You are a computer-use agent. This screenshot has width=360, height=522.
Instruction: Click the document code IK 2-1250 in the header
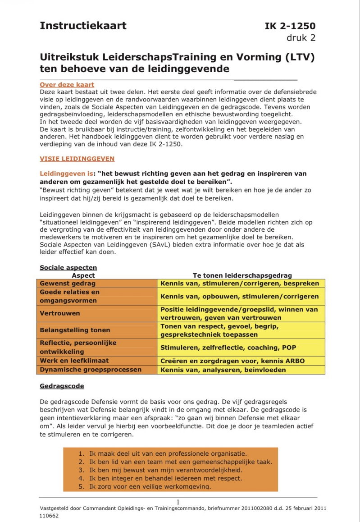click(290, 26)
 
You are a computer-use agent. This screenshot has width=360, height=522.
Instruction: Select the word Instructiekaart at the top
click(83, 26)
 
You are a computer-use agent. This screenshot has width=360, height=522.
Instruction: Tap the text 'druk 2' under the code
click(301, 38)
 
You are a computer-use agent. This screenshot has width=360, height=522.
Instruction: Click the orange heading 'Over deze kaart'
click(67, 85)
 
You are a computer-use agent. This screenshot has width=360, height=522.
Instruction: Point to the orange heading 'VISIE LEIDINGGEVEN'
click(77, 159)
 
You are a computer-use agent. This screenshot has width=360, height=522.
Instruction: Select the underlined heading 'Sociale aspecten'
click(68, 268)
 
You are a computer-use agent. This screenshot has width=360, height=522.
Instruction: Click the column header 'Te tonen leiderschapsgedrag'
click(242, 275)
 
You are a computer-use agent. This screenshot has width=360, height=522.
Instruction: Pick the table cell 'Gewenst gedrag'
click(68, 284)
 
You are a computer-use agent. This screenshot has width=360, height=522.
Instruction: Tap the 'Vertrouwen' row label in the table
click(60, 313)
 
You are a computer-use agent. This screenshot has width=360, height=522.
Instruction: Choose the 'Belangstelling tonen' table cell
click(75, 330)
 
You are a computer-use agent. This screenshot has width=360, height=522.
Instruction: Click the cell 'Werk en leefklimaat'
click(74, 361)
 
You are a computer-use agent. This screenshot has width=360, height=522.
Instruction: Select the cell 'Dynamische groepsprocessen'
click(91, 370)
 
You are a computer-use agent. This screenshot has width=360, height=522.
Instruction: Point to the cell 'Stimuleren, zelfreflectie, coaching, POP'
click(228, 348)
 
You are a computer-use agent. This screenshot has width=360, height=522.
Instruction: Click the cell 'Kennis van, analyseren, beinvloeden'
click(223, 370)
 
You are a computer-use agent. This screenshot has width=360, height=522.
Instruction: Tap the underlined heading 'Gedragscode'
click(62, 386)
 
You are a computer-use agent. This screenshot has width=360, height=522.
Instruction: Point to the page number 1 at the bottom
click(178, 502)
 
